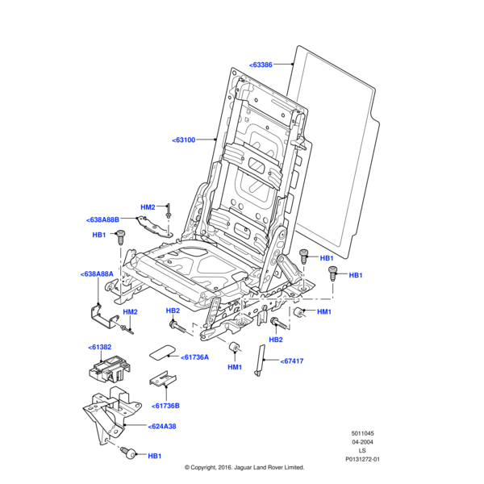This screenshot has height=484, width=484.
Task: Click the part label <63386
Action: [261, 64]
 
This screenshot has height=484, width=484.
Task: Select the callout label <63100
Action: [184, 140]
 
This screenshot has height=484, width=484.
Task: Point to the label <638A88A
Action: [98, 274]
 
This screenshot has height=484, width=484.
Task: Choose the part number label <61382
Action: [100, 346]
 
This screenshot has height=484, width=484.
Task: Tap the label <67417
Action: [292, 361]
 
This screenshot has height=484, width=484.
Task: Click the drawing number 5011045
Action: [362, 433]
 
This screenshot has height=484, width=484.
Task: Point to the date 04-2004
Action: [362, 442]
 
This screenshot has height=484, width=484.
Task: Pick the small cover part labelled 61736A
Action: [164, 351]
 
